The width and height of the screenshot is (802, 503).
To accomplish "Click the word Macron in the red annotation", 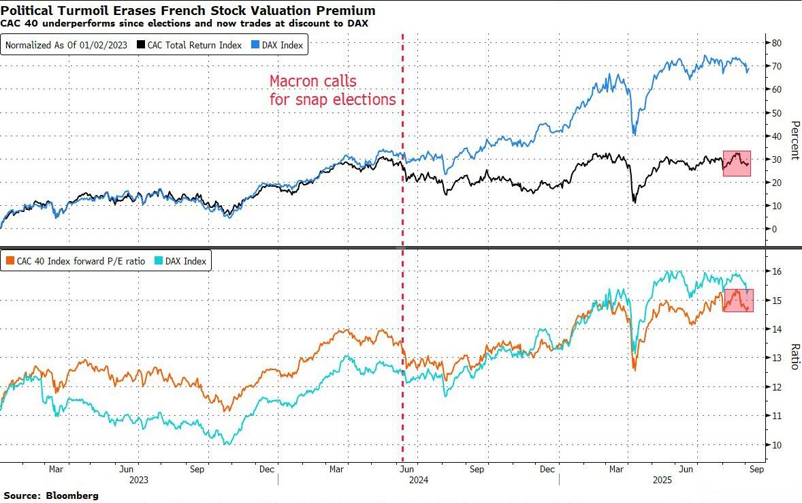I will coord(294,82).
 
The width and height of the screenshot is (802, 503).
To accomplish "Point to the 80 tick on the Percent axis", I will coord(775,42).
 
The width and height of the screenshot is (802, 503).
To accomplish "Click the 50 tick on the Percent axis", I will coord(775,112).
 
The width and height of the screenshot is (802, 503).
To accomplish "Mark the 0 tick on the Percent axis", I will coord(773,229).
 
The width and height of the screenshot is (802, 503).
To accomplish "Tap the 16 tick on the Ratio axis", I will coord(775,271).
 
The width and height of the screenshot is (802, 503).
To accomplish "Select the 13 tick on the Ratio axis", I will coord(775,358).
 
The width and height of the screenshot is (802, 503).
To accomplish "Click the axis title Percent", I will coord(794,140).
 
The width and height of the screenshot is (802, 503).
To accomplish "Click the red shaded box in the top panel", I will coord(737,164).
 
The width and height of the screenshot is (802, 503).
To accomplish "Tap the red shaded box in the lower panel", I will coord(738,301).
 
